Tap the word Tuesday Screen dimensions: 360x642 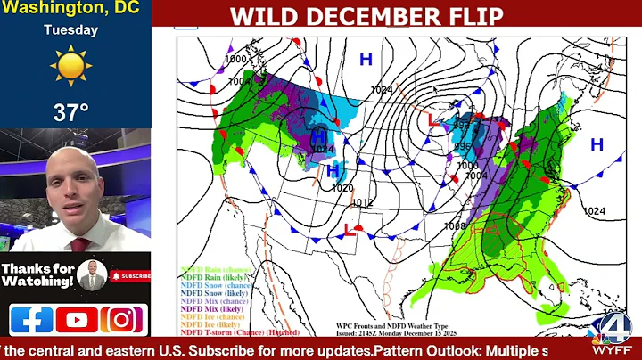71,29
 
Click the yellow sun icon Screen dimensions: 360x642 71,67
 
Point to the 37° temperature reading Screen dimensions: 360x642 71,112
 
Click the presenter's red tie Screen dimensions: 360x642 80,243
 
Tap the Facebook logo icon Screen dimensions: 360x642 31,319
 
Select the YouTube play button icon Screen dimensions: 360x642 77,319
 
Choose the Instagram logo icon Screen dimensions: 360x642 123,319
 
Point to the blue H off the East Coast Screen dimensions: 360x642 597,143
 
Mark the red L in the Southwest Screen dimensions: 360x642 348,230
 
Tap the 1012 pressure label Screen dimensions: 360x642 362,203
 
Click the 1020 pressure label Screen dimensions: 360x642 342,188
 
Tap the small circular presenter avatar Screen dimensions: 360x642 91,274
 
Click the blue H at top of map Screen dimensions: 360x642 365,59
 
